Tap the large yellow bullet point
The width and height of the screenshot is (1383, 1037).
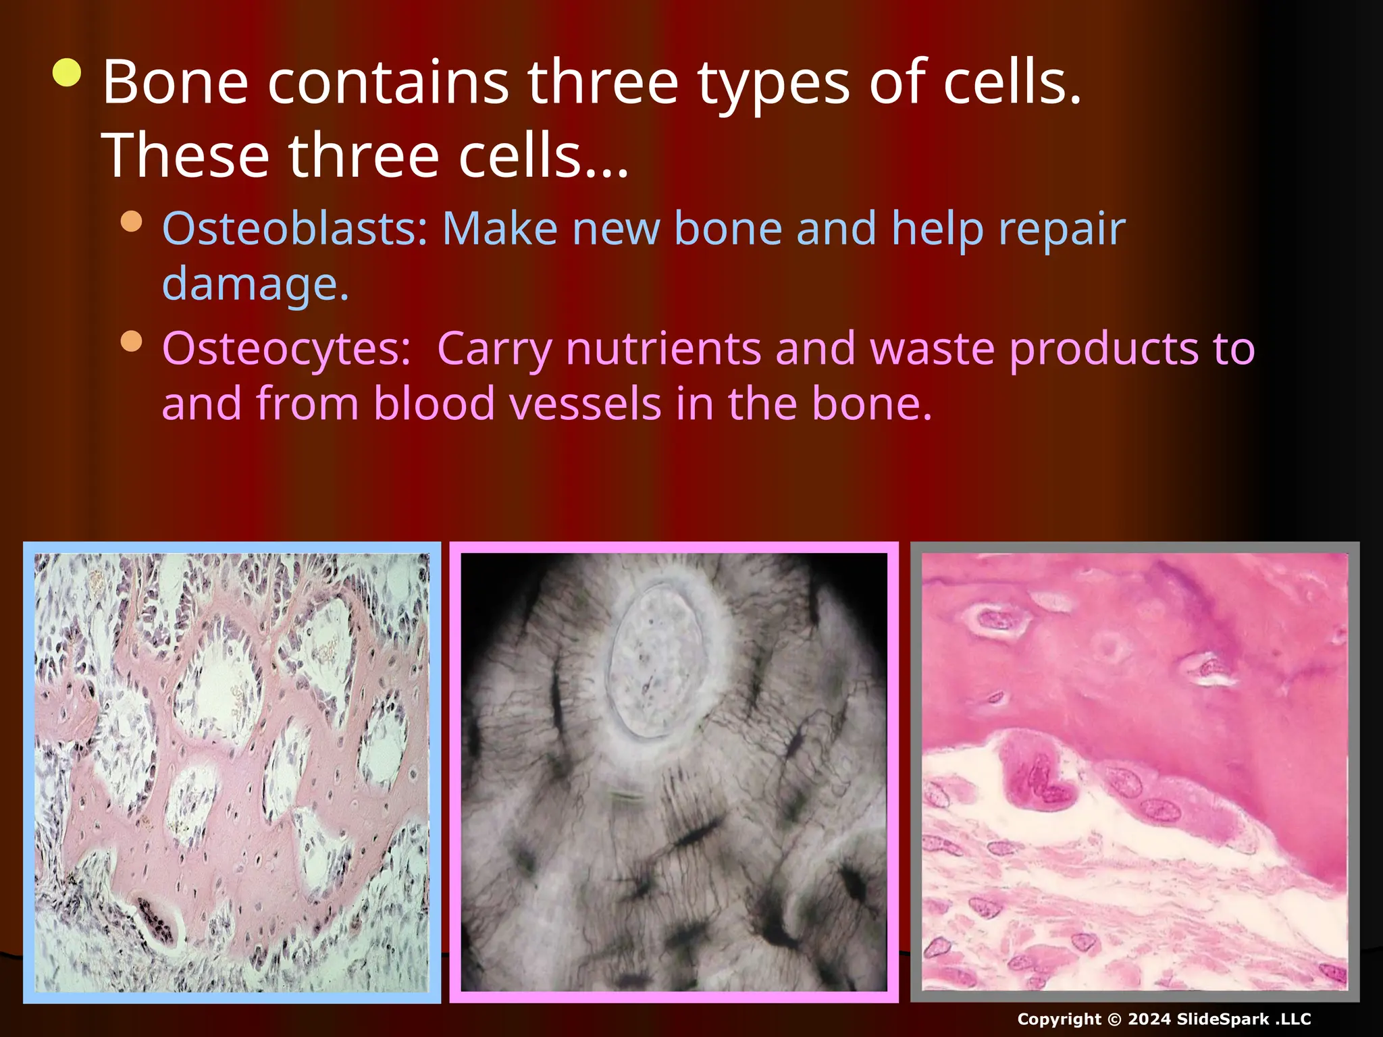pos(68,73)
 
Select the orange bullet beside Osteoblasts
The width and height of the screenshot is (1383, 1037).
pos(132,222)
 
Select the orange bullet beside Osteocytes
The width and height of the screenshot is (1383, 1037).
pos(132,342)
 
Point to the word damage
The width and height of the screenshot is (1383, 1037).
pos(255,284)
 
